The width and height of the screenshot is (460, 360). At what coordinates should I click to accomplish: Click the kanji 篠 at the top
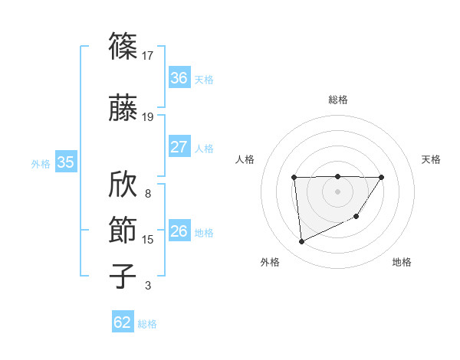pos(123,46)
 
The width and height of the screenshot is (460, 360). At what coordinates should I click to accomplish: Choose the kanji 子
pos(123,277)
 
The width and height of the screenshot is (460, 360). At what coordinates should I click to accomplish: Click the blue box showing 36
pos(179,78)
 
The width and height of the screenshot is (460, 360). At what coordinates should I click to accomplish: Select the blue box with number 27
pos(179,147)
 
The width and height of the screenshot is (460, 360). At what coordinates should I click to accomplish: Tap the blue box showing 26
pos(179,231)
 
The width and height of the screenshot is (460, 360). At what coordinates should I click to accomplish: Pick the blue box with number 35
pos(66,162)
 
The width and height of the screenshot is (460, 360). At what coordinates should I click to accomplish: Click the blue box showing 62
pos(123,322)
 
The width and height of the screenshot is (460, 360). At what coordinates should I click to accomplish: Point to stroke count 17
pos(148,55)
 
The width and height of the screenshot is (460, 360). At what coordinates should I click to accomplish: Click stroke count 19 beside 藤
pos(148,117)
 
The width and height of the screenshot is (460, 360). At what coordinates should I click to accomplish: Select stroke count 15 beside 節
pos(148,240)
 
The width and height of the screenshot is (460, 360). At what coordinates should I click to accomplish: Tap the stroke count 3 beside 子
pos(148,286)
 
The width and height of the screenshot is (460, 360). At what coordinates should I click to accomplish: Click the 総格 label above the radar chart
pos(337,100)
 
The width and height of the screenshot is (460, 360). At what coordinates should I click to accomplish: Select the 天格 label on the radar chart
pos(431,159)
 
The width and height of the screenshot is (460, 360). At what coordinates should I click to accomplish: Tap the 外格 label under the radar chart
pos(270,262)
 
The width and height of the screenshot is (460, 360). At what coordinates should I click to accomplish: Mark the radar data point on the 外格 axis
pos(301,242)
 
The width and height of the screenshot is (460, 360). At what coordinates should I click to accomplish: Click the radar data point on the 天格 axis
pos(382,178)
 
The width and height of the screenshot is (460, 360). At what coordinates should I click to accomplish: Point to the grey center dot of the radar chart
pos(337,191)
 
